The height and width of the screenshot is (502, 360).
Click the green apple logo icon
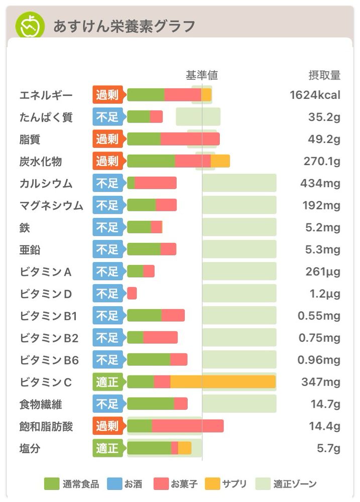[30, 26]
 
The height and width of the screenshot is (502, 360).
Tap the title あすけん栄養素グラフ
[124, 26]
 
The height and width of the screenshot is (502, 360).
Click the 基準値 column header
[202, 75]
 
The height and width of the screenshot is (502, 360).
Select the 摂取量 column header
[324, 75]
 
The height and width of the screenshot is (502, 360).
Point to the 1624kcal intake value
[315, 95]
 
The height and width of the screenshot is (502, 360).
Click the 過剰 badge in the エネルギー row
[107, 95]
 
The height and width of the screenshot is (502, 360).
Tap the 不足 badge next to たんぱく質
[107, 117]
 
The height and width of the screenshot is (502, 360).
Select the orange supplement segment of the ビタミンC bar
[223, 382]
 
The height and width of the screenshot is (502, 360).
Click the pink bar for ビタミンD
[132, 293]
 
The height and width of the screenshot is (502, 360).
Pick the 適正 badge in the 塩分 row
[107, 448]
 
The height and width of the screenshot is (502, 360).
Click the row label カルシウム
[46, 183]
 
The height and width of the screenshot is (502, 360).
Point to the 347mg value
[320, 382]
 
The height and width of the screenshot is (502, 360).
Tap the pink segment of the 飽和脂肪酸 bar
[187, 426]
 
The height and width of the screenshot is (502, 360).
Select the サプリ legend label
[234, 484]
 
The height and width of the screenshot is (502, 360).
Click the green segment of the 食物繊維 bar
[151, 404]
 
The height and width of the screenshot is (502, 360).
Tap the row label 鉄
[25, 227]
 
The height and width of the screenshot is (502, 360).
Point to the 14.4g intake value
[324, 426]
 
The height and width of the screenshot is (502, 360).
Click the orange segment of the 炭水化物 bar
[220, 161]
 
